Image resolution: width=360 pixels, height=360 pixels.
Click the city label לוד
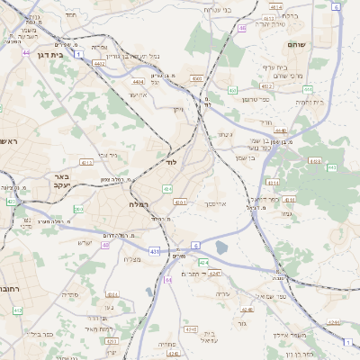[172, 164]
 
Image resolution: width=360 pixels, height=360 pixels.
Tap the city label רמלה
[127, 204]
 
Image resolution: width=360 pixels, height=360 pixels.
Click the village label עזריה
[225, 295]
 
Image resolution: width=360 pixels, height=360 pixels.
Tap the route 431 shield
[156, 251]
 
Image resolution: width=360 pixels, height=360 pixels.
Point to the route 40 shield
[105, 245]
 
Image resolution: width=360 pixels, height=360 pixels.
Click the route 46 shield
[241, 29]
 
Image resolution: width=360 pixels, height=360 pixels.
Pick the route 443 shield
[331, 167]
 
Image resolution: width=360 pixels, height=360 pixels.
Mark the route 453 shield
[232, 90]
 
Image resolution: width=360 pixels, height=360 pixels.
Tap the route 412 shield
[17, 310]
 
